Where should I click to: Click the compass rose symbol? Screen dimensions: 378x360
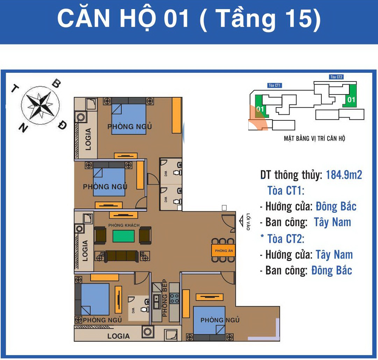click(40, 105)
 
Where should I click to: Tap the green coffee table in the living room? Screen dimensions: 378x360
click(124, 236)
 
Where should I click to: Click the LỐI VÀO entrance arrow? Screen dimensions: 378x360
click(241, 221)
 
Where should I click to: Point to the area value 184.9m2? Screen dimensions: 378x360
click(344, 175)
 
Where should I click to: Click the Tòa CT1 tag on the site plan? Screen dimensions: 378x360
click(274, 85)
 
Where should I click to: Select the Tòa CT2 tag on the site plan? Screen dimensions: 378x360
click(336, 77)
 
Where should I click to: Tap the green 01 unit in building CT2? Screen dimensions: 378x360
click(350, 96)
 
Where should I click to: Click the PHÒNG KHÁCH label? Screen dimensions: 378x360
click(124, 225)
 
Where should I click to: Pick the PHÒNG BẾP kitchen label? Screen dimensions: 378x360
click(165, 298)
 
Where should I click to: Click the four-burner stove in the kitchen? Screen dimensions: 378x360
click(174, 298)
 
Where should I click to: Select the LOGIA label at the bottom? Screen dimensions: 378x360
click(119, 336)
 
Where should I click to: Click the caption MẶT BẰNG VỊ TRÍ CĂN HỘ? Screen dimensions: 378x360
click(314, 139)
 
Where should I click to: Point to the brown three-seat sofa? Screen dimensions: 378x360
click(121, 256)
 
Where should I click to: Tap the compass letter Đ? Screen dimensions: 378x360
click(63, 125)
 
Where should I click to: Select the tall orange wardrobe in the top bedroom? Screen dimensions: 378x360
click(177, 115)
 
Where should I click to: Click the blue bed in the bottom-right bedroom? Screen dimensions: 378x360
click(209, 320)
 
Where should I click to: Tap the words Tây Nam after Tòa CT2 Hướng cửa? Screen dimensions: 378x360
click(334, 255)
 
